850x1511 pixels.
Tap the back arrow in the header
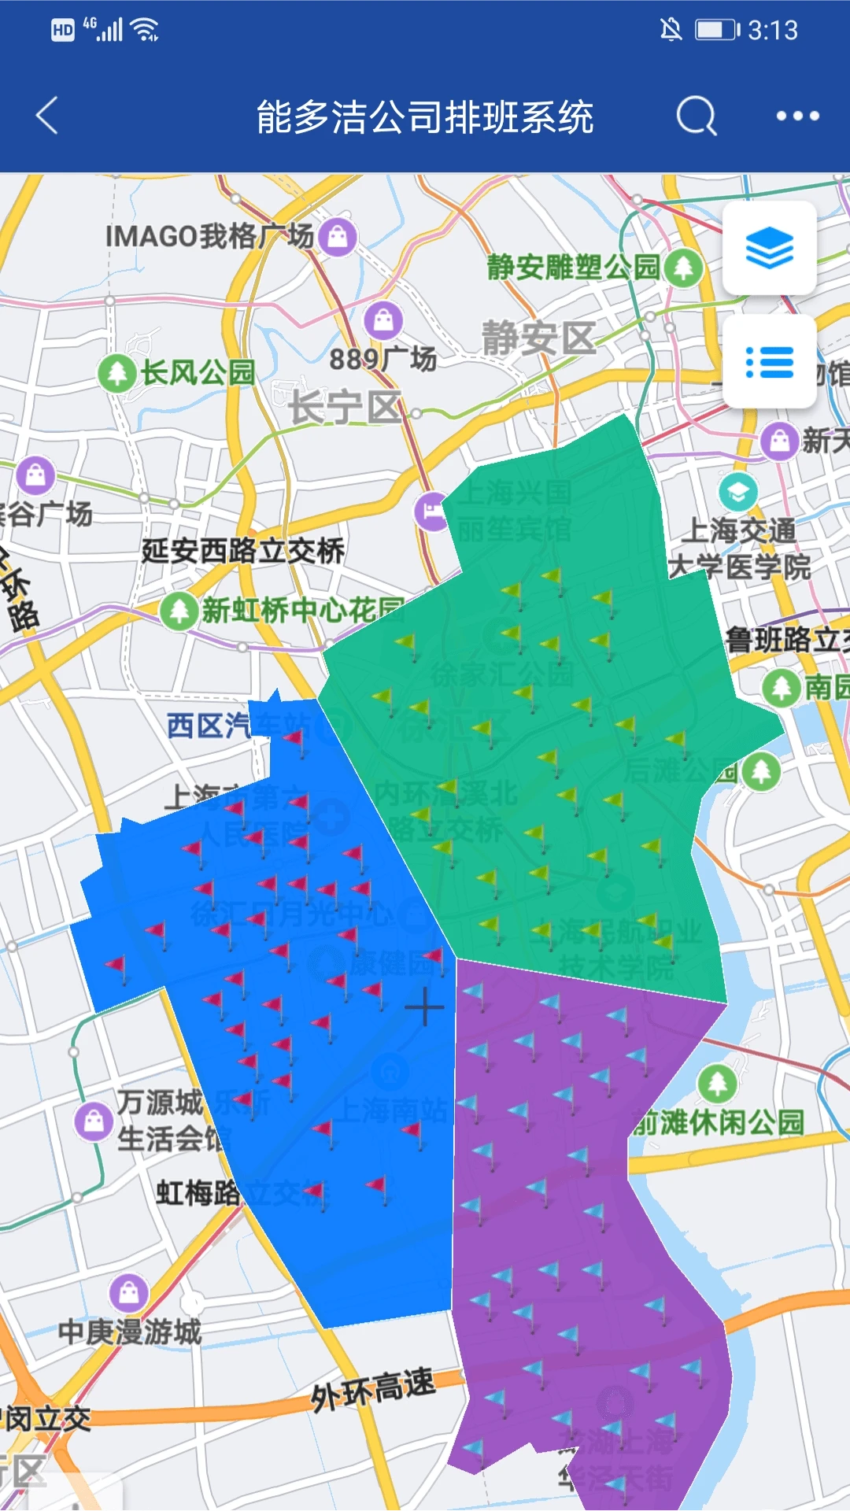47,116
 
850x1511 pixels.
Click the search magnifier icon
697,116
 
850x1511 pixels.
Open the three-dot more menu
797,116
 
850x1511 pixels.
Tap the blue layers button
769,248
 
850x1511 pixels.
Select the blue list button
769,362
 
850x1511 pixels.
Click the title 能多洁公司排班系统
425,116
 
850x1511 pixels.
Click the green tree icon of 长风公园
117,372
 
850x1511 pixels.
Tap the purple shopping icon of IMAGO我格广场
338,235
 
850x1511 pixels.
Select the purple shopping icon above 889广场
383,320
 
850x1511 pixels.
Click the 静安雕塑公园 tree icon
682,268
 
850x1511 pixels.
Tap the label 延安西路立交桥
242,550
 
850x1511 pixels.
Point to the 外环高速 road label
372,1388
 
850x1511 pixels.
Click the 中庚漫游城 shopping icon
129,1291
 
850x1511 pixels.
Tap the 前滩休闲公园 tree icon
717,1084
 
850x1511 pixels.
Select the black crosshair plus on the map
424,1007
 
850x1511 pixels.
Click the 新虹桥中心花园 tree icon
179,610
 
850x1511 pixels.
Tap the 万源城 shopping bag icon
94,1121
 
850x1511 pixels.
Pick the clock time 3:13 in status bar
772,30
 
